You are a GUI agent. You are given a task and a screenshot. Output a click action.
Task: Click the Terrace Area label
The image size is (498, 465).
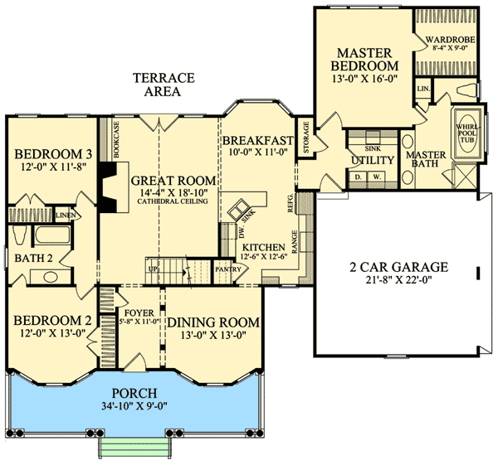coord(164,85)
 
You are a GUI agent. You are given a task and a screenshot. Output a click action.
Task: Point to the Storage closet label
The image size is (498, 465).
coord(306,138)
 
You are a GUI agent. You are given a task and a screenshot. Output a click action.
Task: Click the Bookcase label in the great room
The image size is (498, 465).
coord(116,140)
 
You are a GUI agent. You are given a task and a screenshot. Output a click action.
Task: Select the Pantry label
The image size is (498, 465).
coord(227,269)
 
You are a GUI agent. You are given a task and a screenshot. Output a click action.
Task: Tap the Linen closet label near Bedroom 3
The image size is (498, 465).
coord(64,216)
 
